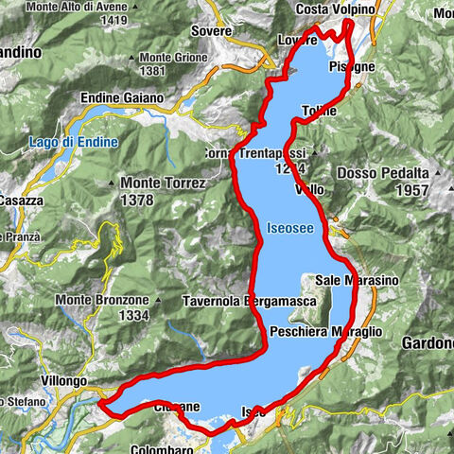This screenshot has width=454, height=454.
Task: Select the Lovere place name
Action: (297, 41)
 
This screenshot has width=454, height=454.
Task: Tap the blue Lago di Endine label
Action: (74, 142)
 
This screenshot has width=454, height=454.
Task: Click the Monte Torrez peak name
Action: (163, 182)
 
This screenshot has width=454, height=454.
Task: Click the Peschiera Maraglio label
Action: (325, 332)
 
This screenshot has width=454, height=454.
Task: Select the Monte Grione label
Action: (144, 56)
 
